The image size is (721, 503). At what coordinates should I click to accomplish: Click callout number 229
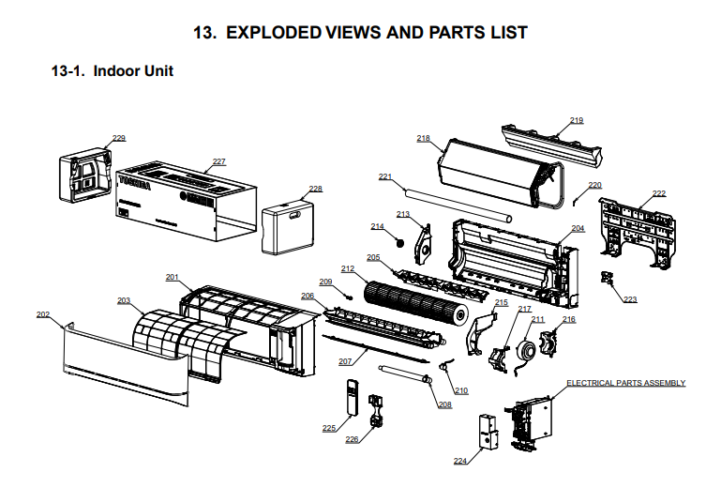point(119,138)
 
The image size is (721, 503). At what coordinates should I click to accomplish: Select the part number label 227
point(218,161)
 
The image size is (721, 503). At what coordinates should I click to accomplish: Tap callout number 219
point(577,120)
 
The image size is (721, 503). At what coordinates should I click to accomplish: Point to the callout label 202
point(43,314)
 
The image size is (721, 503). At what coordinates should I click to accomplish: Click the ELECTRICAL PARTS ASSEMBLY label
point(625,383)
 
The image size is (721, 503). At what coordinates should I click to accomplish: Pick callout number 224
point(460,461)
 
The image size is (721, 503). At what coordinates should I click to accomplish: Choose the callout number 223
point(629,299)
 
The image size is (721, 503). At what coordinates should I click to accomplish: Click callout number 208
point(444,404)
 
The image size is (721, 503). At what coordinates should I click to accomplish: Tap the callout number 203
point(124,300)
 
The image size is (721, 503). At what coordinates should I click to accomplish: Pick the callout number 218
point(423,138)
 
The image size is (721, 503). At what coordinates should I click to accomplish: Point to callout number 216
point(569,320)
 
